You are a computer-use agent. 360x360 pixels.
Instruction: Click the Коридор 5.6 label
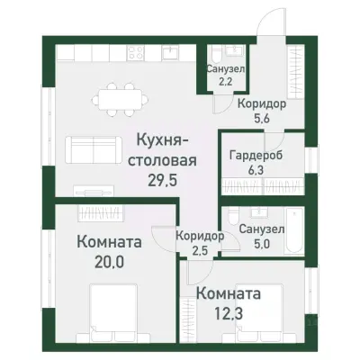pos(262,111)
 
